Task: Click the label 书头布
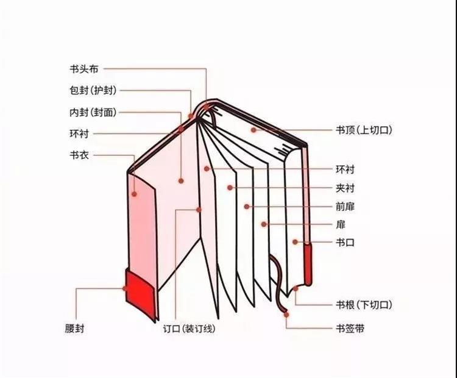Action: click(84, 69)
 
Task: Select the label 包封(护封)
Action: click(93, 90)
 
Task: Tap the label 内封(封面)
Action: click(93, 112)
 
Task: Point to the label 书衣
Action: click(79, 155)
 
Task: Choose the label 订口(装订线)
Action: click(190, 329)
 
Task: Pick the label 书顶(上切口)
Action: click(363, 130)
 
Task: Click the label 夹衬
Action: click(345, 188)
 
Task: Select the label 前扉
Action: click(345, 206)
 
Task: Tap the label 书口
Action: click(345, 242)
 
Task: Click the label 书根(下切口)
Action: click(364, 304)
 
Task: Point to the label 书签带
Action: click(350, 329)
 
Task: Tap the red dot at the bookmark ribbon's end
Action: click(286, 315)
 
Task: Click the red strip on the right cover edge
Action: click(308, 263)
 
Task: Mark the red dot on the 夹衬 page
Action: click(229, 187)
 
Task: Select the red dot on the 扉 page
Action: click(263, 224)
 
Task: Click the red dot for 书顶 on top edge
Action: click(253, 130)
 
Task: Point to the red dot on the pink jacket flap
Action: click(135, 194)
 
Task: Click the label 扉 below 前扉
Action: click(339, 224)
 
